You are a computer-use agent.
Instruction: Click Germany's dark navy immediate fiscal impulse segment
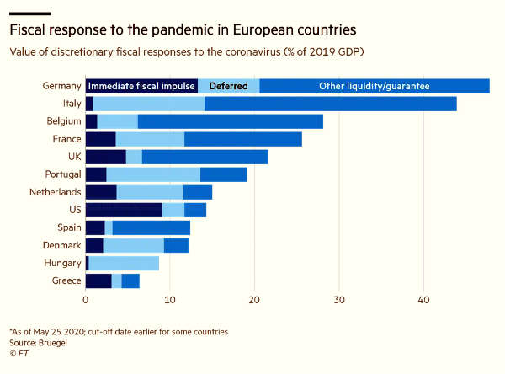coord(141,86)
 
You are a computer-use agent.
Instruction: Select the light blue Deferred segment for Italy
coord(148,104)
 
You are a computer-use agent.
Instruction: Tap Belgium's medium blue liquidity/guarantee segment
coord(231,121)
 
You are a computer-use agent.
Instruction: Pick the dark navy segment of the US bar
coord(124,211)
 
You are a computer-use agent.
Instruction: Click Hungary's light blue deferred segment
coord(124,264)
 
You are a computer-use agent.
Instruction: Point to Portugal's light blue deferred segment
coord(153,174)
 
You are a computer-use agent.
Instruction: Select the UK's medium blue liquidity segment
coord(205,157)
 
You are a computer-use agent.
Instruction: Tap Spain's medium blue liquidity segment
coord(151,228)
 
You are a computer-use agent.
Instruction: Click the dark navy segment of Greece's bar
coord(98,281)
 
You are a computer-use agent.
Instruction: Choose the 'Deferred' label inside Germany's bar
coord(229,86)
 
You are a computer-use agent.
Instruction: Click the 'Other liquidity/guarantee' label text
coord(375,86)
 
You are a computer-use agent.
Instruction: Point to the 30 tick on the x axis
coord(339,300)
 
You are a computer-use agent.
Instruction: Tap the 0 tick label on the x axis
coord(85,300)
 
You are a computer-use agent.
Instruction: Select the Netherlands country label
coord(55,192)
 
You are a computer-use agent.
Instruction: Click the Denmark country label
coord(61,245)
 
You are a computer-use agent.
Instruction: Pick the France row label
coord(66,139)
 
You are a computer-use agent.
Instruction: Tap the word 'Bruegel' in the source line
coord(53,343)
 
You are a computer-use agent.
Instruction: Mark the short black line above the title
coord(30,13)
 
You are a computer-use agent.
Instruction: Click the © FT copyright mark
coord(19,354)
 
